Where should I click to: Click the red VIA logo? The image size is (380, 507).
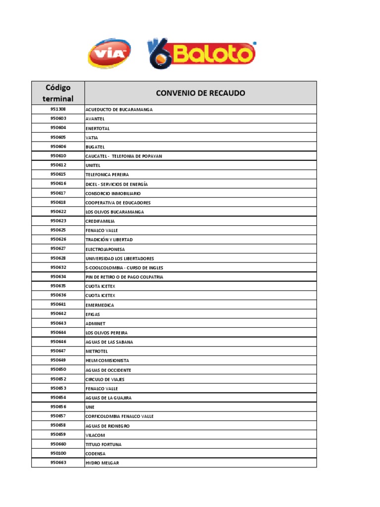[109, 53]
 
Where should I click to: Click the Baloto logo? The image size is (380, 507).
[201, 54]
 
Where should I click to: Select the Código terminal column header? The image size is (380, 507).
[58, 93]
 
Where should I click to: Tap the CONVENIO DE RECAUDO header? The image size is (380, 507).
[200, 93]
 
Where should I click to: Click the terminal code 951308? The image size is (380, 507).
[58, 109]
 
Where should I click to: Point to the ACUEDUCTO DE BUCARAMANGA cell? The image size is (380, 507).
[119, 109]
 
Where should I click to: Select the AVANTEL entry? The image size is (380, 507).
[95, 119]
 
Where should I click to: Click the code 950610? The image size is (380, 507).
[58, 156]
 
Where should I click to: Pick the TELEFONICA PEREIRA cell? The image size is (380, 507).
[107, 175]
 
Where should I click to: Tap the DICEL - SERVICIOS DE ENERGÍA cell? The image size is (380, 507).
[116, 184]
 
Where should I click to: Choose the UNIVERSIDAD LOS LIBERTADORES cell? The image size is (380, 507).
[119, 258]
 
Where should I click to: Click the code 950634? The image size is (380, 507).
[58, 277]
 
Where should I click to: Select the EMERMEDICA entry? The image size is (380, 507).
[99, 305]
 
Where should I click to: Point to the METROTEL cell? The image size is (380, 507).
[96, 352]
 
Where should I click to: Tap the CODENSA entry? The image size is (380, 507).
[95, 454]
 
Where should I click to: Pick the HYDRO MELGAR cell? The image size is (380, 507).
[102, 463]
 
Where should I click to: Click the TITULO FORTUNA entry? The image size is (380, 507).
[103, 445]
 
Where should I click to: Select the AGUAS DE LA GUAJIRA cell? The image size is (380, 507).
[108, 398]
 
